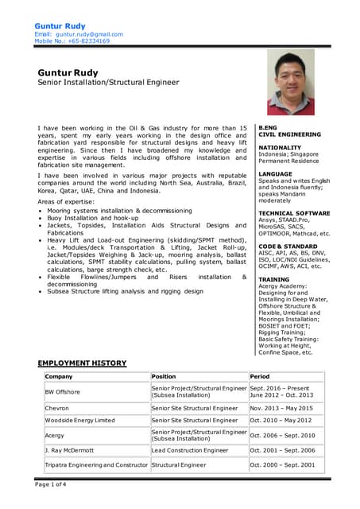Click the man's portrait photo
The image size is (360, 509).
290,83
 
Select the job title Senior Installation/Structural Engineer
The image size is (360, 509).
109,82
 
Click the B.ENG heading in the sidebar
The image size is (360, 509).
269,127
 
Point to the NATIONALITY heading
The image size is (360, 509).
280,147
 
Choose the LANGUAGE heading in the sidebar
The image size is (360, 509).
276,173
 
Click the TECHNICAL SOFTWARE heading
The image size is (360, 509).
294,213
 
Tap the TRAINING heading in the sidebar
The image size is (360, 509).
274,279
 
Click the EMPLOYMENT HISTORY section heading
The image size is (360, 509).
82,363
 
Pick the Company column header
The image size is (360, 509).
60,376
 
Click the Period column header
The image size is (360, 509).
260,376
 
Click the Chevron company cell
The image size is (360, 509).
58,408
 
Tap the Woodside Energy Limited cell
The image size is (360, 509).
80,420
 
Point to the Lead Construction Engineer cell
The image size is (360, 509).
190,450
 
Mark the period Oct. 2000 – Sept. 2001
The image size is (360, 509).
282,464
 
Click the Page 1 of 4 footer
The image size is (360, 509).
51,484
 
